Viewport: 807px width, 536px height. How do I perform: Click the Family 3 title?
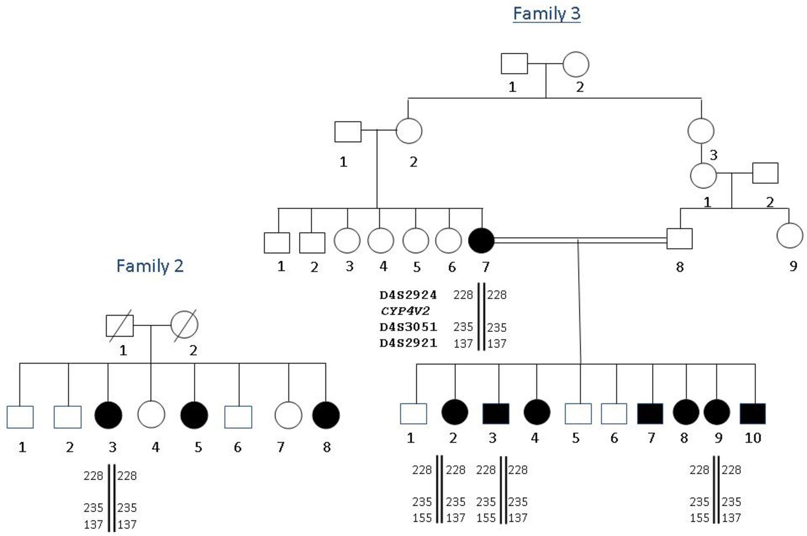547,13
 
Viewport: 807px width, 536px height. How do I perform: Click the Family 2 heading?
150,266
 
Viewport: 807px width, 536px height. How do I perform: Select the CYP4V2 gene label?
405,311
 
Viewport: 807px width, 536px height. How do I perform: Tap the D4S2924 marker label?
408,295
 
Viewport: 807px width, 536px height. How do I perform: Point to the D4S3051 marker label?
408,327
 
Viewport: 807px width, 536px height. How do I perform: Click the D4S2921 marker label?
408,343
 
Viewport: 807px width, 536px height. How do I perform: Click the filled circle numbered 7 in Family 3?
481,240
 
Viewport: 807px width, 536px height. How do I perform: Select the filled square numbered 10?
752,413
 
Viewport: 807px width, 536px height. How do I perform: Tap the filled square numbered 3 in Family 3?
495,413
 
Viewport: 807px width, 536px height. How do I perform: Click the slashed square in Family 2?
119,325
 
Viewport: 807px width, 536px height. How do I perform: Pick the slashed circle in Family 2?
184,325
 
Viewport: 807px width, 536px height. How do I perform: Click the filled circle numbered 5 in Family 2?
194,415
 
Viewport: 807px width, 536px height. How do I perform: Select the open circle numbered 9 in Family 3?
790,235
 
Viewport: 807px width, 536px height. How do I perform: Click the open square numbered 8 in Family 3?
679,239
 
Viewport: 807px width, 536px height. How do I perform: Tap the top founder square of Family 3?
514,64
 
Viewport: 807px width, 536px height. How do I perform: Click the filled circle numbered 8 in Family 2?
325,415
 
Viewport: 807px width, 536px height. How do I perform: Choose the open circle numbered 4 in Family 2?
151,415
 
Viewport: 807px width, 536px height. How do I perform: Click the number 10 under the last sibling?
752,438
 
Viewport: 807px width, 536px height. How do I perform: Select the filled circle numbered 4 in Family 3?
536,413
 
